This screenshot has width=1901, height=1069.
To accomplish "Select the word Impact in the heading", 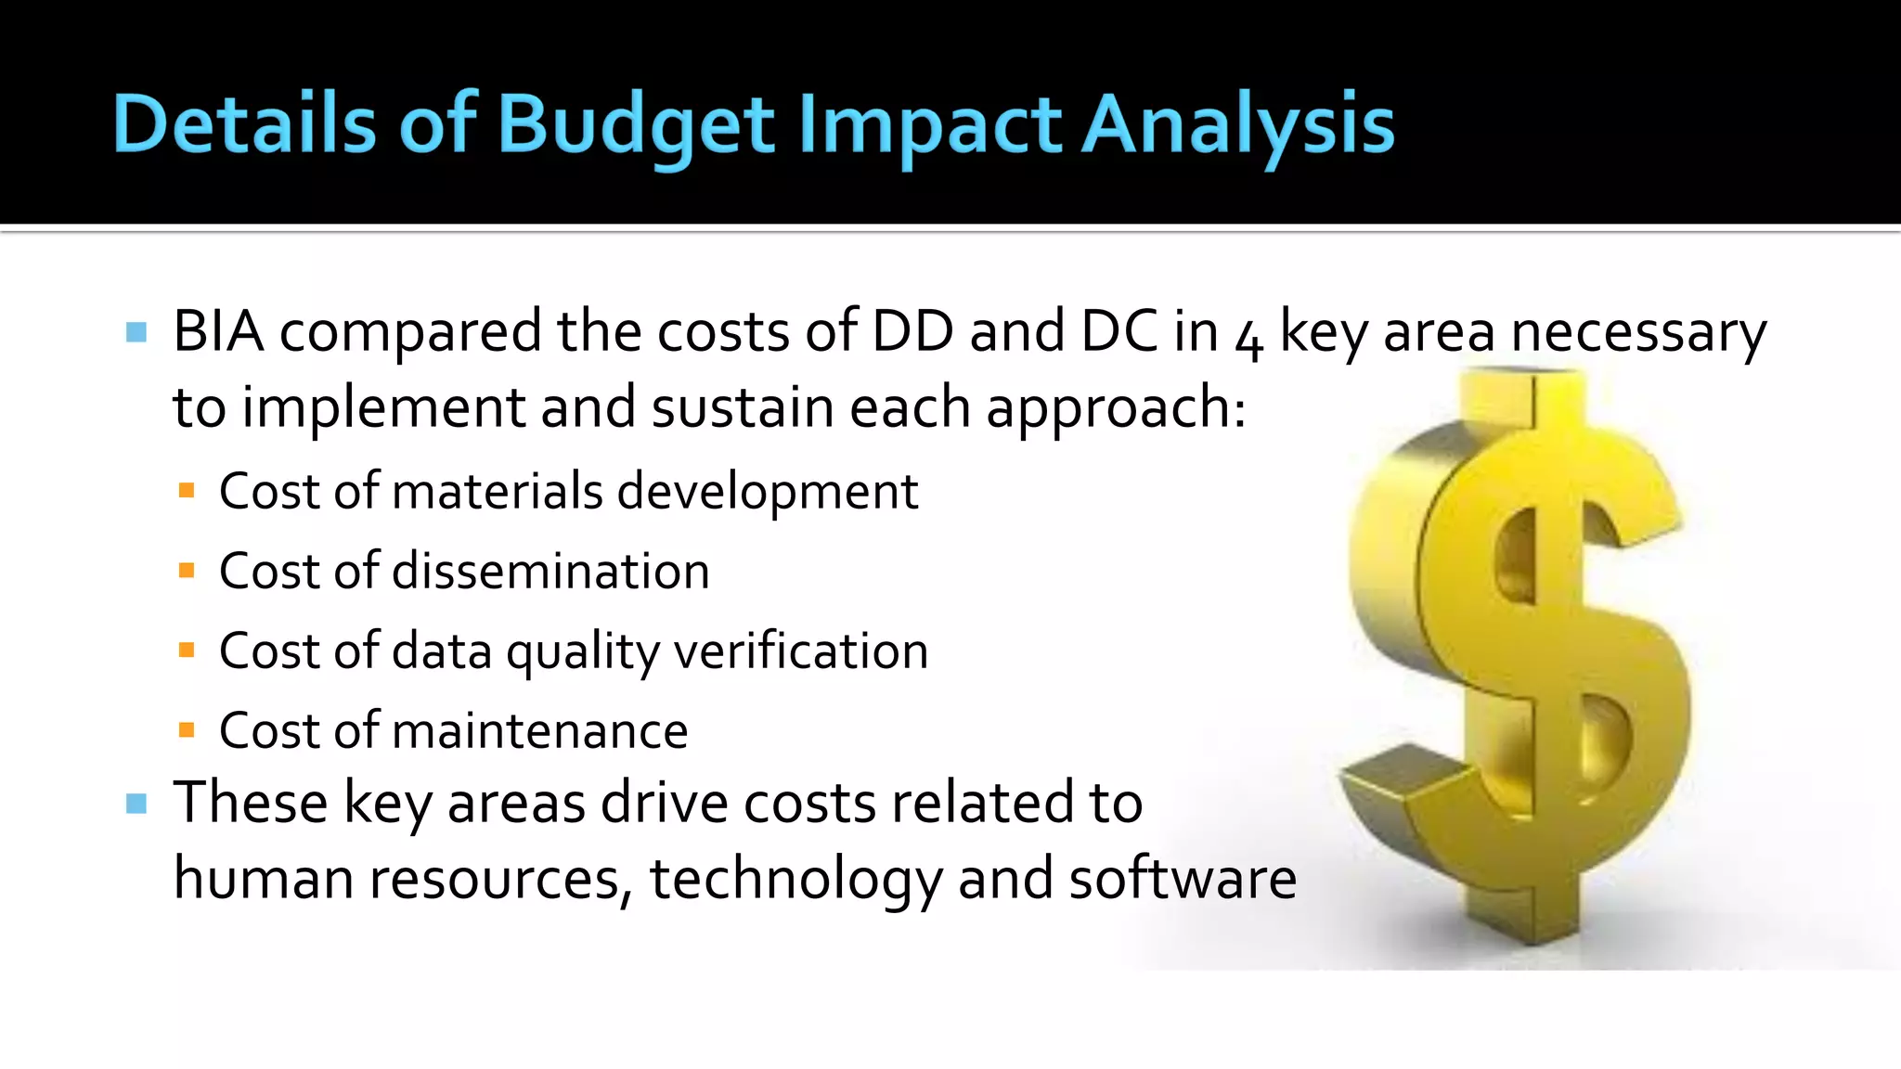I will click(929, 125).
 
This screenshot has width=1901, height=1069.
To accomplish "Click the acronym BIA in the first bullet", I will click(218, 331).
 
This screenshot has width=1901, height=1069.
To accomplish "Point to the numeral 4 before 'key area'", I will click(1249, 340).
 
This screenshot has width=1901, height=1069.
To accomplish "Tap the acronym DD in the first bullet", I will click(912, 331).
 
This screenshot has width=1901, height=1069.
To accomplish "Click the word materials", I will click(498, 491).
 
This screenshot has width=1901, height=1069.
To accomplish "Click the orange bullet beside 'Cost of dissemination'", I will click(187, 571).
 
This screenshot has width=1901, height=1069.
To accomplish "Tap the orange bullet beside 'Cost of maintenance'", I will click(187, 731).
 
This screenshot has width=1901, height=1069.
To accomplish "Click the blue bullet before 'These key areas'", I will click(136, 804).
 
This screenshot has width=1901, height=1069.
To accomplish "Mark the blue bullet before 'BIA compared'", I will click(136, 332).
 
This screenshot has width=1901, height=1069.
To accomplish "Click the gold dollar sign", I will click(1517, 650).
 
